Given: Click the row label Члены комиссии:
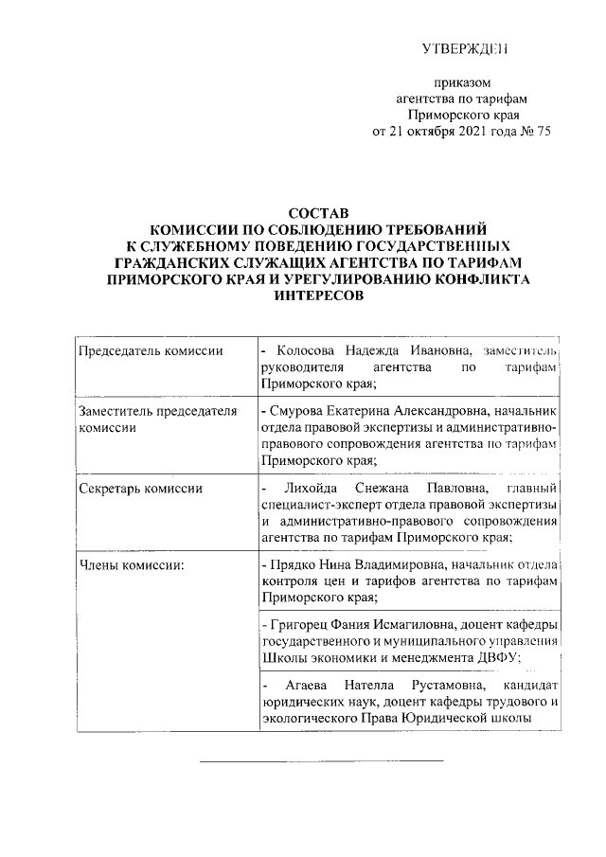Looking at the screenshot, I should pyautogui.click(x=131, y=565).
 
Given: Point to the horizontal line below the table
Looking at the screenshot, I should pyautogui.click(x=321, y=759).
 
